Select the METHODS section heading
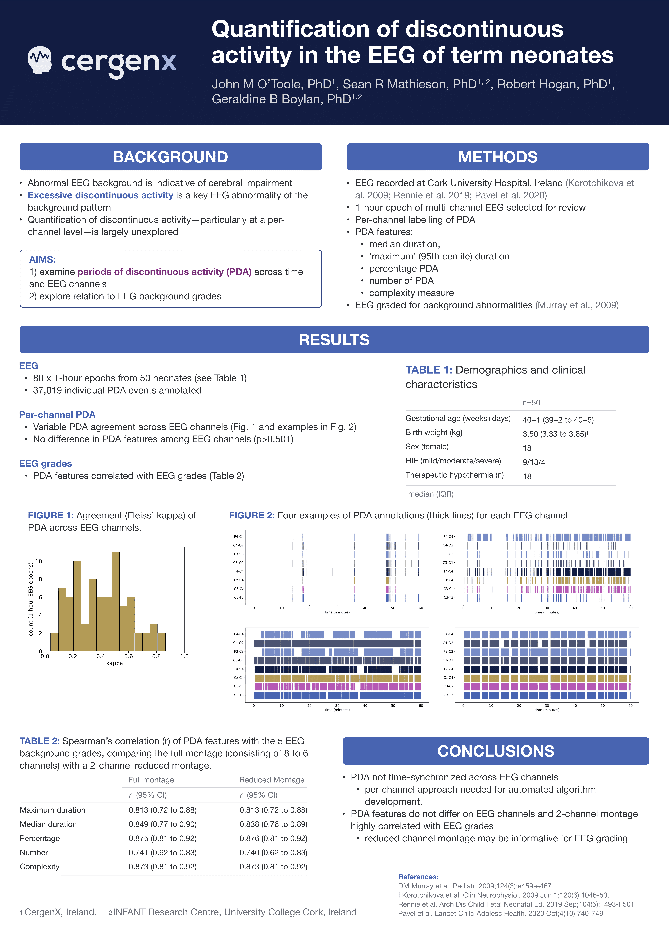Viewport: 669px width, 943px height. [498, 157]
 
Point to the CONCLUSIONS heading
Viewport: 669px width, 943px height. [496, 751]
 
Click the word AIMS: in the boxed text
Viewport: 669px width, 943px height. [42, 260]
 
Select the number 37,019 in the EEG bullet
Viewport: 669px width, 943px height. [48, 390]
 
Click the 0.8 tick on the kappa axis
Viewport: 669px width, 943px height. [157, 656]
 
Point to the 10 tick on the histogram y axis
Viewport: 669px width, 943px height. [39, 561]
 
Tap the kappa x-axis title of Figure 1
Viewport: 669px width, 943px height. [115, 663]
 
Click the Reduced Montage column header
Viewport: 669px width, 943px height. [271, 780]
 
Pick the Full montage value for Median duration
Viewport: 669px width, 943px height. [162, 824]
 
